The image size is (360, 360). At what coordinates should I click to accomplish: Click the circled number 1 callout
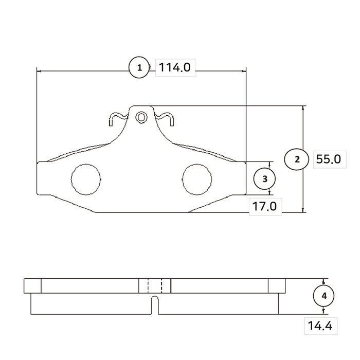click(139, 67)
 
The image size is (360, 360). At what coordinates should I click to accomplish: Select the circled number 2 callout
click(297, 159)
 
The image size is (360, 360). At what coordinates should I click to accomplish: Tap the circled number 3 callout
click(264, 178)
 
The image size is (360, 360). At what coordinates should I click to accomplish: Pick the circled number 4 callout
click(323, 296)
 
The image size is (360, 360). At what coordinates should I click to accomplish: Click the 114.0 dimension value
click(175, 67)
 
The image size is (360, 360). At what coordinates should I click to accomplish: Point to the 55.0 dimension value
click(329, 159)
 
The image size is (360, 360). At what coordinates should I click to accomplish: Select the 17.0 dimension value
click(265, 206)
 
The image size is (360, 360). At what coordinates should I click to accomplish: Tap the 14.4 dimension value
click(320, 326)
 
